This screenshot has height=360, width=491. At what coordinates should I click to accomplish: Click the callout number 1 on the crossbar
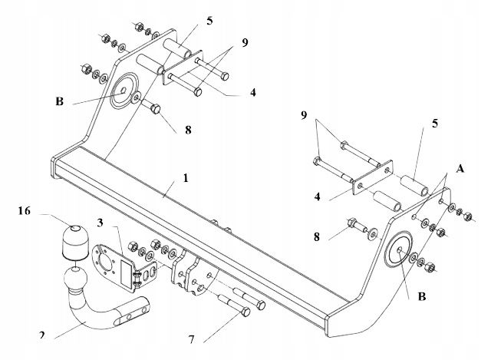coord(186,178)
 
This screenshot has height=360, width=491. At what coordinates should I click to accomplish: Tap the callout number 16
coord(25,211)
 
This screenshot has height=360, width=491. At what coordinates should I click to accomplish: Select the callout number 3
coord(100,223)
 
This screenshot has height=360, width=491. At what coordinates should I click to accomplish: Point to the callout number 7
coord(191,339)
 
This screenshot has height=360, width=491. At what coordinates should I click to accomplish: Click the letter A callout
coord(460,169)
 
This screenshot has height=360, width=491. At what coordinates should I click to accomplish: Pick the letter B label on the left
coord(60,101)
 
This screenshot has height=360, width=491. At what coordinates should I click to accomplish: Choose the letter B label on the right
coord(422,296)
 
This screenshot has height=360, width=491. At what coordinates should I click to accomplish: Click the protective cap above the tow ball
coord(74,243)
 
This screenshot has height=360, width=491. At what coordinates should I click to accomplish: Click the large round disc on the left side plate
coord(124,91)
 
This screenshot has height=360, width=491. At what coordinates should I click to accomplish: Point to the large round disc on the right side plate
coord(398,249)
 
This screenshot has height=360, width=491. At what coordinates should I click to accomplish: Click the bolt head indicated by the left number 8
coord(156,109)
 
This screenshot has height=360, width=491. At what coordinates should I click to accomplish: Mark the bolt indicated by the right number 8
coord(356,225)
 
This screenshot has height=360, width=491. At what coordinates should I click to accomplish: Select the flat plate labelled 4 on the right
coord(373,177)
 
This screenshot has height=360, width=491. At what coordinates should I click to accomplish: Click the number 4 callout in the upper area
coord(252,92)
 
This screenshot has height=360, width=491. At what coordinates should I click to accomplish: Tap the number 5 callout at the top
coord(209,21)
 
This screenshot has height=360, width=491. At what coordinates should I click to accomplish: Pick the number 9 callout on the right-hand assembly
coord(304,115)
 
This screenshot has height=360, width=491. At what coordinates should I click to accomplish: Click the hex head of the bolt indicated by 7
coord(246,312)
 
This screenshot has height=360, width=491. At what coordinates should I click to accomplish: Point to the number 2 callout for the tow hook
coord(42,335)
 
